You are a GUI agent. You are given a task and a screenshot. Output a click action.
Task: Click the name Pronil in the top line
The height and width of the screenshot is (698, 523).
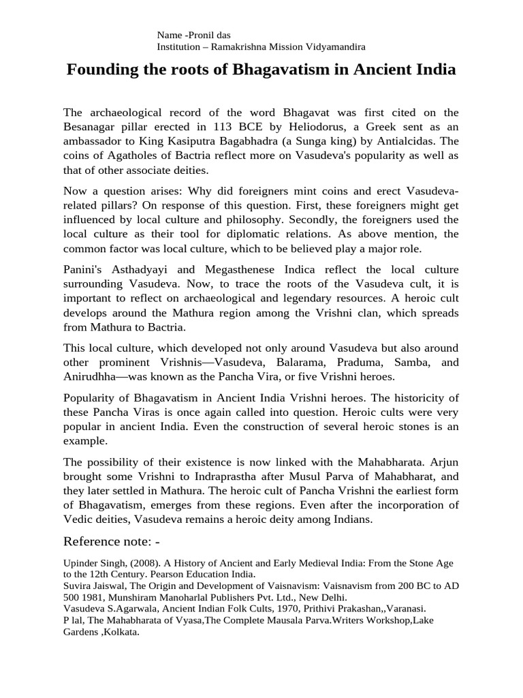pos(203,35)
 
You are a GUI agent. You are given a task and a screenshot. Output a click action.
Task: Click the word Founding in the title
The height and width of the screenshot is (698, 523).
pos(98,70)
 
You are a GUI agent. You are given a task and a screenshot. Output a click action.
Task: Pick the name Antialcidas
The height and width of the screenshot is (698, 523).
pos(412,142)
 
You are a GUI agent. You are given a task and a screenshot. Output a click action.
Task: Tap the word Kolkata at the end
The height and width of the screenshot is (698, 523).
pos(120,633)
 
